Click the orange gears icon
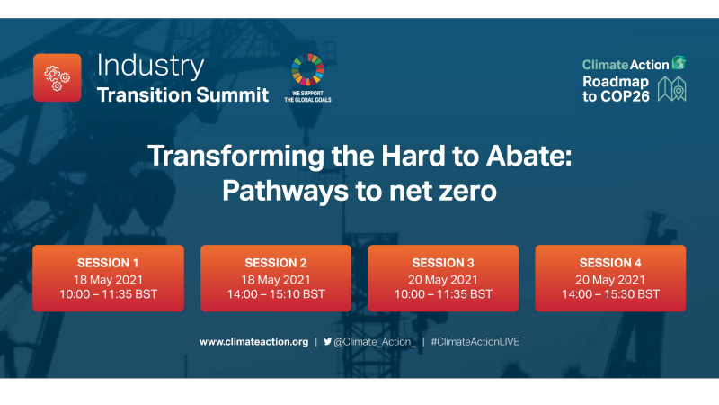(58, 77)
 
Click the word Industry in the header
(150, 66)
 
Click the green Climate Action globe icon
(679, 63)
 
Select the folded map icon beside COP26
(672, 89)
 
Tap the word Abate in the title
(531, 156)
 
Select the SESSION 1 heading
(108, 263)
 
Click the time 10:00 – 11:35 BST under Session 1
(108, 294)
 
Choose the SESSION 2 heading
(275, 263)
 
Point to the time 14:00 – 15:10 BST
(275, 294)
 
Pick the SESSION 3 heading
(443, 263)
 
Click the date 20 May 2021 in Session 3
(443, 279)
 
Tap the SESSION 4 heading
(610, 263)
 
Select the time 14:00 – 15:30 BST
(610, 294)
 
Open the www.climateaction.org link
(253, 342)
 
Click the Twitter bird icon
(327, 342)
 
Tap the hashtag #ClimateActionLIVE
(475, 342)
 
